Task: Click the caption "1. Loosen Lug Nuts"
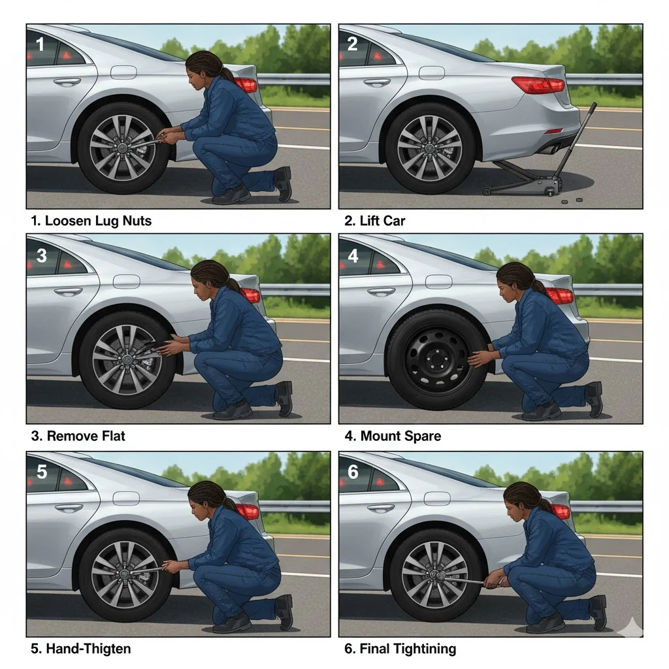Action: pos(91,221)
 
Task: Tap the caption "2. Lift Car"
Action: pos(374,221)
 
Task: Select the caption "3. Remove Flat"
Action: pos(78,436)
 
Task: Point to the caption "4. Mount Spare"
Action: pos(393,436)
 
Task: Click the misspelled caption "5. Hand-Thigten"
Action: pos(80,649)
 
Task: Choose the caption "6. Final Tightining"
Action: pos(400,649)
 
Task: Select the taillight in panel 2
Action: pos(538,85)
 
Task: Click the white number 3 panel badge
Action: pos(41,256)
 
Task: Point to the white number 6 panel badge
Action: pos(353,472)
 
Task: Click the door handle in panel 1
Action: pos(67,82)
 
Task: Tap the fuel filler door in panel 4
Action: pos(438,282)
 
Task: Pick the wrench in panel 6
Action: pos(466,579)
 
